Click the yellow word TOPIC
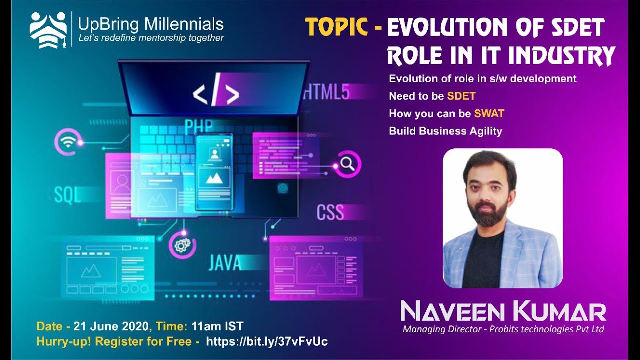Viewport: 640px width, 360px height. pyautogui.click(x=337, y=27)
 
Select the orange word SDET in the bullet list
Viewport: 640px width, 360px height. pyautogui.click(x=461, y=96)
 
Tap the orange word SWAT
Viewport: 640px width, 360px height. pyautogui.click(x=489, y=114)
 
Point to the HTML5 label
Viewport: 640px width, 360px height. pyautogui.click(x=326, y=92)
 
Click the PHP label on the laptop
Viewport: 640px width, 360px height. pyautogui.click(x=198, y=127)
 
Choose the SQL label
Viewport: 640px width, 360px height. pyautogui.click(x=67, y=195)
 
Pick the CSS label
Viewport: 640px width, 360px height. pyautogui.click(x=330, y=212)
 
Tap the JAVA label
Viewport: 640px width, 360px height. pyautogui.click(x=224, y=262)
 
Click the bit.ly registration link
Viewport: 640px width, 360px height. pyautogui.click(x=267, y=341)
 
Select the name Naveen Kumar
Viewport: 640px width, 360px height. pyautogui.click(x=503, y=311)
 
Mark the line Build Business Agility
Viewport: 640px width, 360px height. pyautogui.click(x=445, y=131)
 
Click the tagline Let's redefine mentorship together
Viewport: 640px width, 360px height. pyautogui.click(x=151, y=38)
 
